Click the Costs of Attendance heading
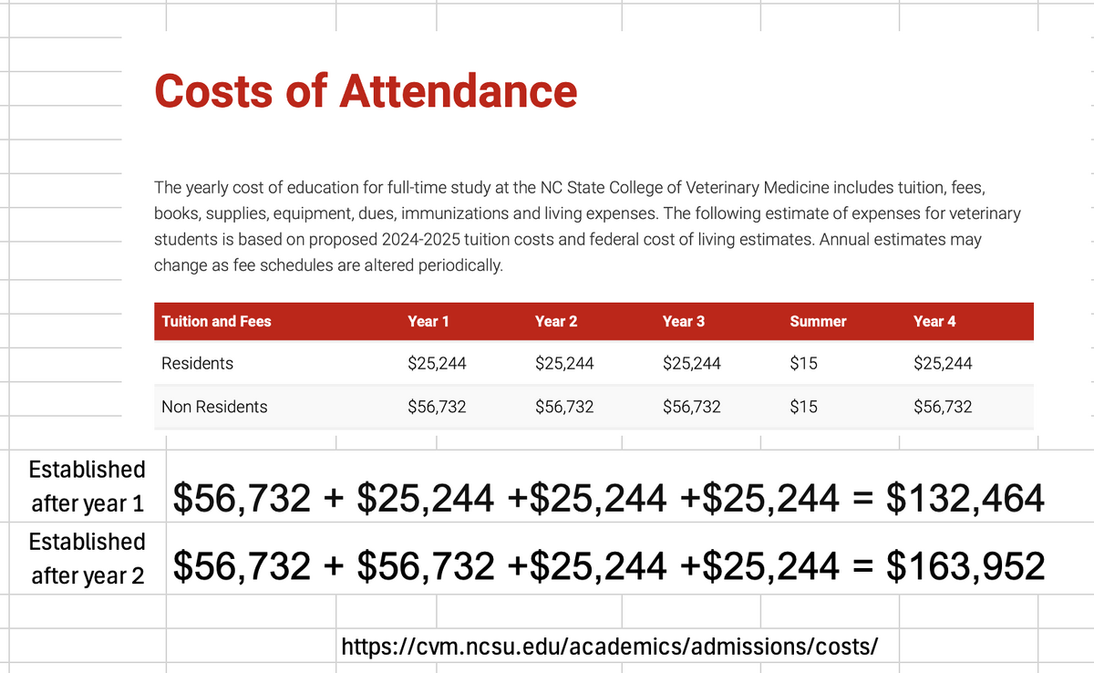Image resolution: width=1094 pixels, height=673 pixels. point(366,91)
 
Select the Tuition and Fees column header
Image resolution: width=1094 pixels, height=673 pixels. point(216,321)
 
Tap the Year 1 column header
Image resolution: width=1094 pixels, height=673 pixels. point(428,321)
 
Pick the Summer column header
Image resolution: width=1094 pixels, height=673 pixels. point(818,321)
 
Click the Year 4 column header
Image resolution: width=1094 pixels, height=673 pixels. point(934,321)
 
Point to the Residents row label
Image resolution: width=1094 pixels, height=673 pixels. point(197,363)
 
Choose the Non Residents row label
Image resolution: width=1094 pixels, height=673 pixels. point(214,407)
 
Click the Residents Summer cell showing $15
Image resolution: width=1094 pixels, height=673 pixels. point(803,363)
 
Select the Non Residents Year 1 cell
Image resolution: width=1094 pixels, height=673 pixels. point(437,407)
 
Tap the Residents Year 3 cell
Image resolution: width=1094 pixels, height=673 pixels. point(691,363)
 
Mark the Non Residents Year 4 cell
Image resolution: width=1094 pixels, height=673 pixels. point(943,407)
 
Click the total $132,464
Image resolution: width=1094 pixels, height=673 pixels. point(965,497)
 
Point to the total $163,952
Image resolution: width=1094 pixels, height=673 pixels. point(965,567)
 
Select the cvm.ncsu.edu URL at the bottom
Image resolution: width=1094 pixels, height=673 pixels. point(609,647)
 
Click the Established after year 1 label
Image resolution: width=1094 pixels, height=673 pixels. point(87,486)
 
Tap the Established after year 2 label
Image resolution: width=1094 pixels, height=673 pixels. point(87,559)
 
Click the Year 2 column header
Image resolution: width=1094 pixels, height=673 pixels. point(556,321)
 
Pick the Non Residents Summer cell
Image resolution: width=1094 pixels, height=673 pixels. point(803,407)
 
